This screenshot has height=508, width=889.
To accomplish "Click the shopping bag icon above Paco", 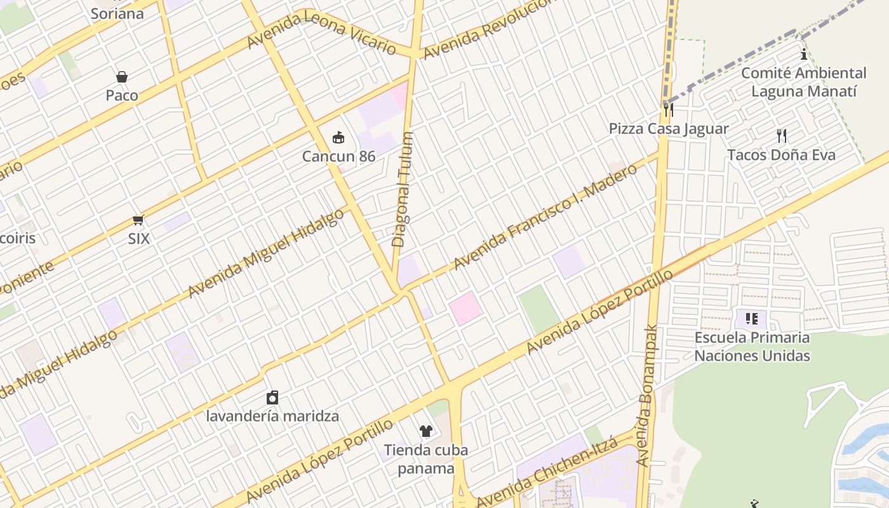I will pyautogui.click(x=122, y=77).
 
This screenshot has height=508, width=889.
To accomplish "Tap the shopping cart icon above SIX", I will pyautogui.click(x=138, y=220).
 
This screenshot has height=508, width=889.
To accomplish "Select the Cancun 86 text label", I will pyautogui.click(x=338, y=156).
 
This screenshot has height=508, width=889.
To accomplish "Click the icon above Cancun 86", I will pyautogui.click(x=338, y=137).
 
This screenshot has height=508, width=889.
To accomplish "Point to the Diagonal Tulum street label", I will pyautogui.click(x=402, y=189).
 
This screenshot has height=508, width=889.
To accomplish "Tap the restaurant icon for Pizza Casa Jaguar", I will pyautogui.click(x=668, y=110).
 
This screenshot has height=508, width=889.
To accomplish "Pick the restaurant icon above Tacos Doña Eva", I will pyautogui.click(x=782, y=136).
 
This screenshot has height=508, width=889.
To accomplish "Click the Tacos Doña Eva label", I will pyautogui.click(x=781, y=155).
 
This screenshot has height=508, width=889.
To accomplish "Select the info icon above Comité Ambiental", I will pyautogui.click(x=804, y=55).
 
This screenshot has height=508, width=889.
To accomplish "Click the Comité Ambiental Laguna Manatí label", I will pyautogui.click(x=804, y=83).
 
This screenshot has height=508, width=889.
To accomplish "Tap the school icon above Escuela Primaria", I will pyautogui.click(x=752, y=318).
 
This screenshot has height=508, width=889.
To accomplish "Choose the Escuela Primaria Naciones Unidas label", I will pyautogui.click(x=752, y=346).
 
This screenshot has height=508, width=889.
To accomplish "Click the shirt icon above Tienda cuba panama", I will pyautogui.click(x=425, y=431).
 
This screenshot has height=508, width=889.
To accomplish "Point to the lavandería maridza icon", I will pyautogui.click(x=272, y=398).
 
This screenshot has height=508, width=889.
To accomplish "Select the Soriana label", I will pyautogui.click(x=117, y=13).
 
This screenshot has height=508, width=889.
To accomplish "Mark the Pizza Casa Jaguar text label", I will pyautogui.click(x=669, y=129).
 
